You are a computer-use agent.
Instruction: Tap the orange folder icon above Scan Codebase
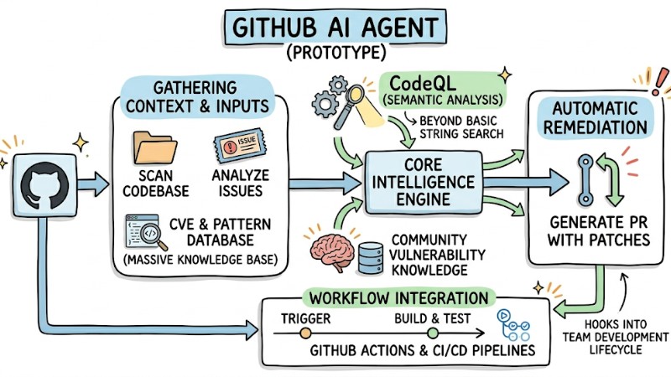point(153,147)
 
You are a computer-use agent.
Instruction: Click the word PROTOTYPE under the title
point(335,54)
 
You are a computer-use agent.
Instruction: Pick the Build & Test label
point(426,319)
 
